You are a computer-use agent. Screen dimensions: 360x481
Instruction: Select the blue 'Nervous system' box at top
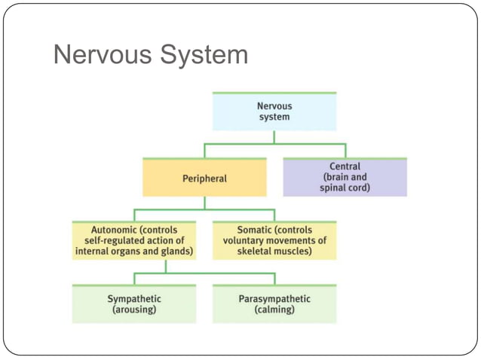coord(273,111)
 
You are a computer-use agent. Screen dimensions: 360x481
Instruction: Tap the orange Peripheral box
coord(204,178)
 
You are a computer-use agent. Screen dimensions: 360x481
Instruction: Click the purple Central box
coord(345,177)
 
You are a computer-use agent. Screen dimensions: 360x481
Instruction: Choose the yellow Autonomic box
coord(133,240)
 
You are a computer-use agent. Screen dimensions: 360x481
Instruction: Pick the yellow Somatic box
coord(273,240)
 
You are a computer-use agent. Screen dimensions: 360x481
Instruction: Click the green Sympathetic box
coord(133,304)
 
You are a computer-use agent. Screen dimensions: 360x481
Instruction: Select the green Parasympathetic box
coord(273,304)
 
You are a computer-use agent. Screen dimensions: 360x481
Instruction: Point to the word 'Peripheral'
coord(204,179)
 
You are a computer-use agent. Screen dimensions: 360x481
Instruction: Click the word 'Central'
coord(345,166)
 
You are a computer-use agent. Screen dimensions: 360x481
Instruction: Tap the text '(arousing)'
coord(133,310)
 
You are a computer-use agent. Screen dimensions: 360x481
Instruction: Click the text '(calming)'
coord(273,310)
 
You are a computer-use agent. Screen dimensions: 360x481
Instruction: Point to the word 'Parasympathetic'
coord(273,299)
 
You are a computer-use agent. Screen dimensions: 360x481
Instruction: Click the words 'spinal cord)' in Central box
coord(345,188)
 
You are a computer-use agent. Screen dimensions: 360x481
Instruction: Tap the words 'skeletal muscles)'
coord(273,251)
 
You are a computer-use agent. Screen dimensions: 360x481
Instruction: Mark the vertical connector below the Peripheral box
coord(204,203)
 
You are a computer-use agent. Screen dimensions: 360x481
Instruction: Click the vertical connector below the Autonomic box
coord(165,267)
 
